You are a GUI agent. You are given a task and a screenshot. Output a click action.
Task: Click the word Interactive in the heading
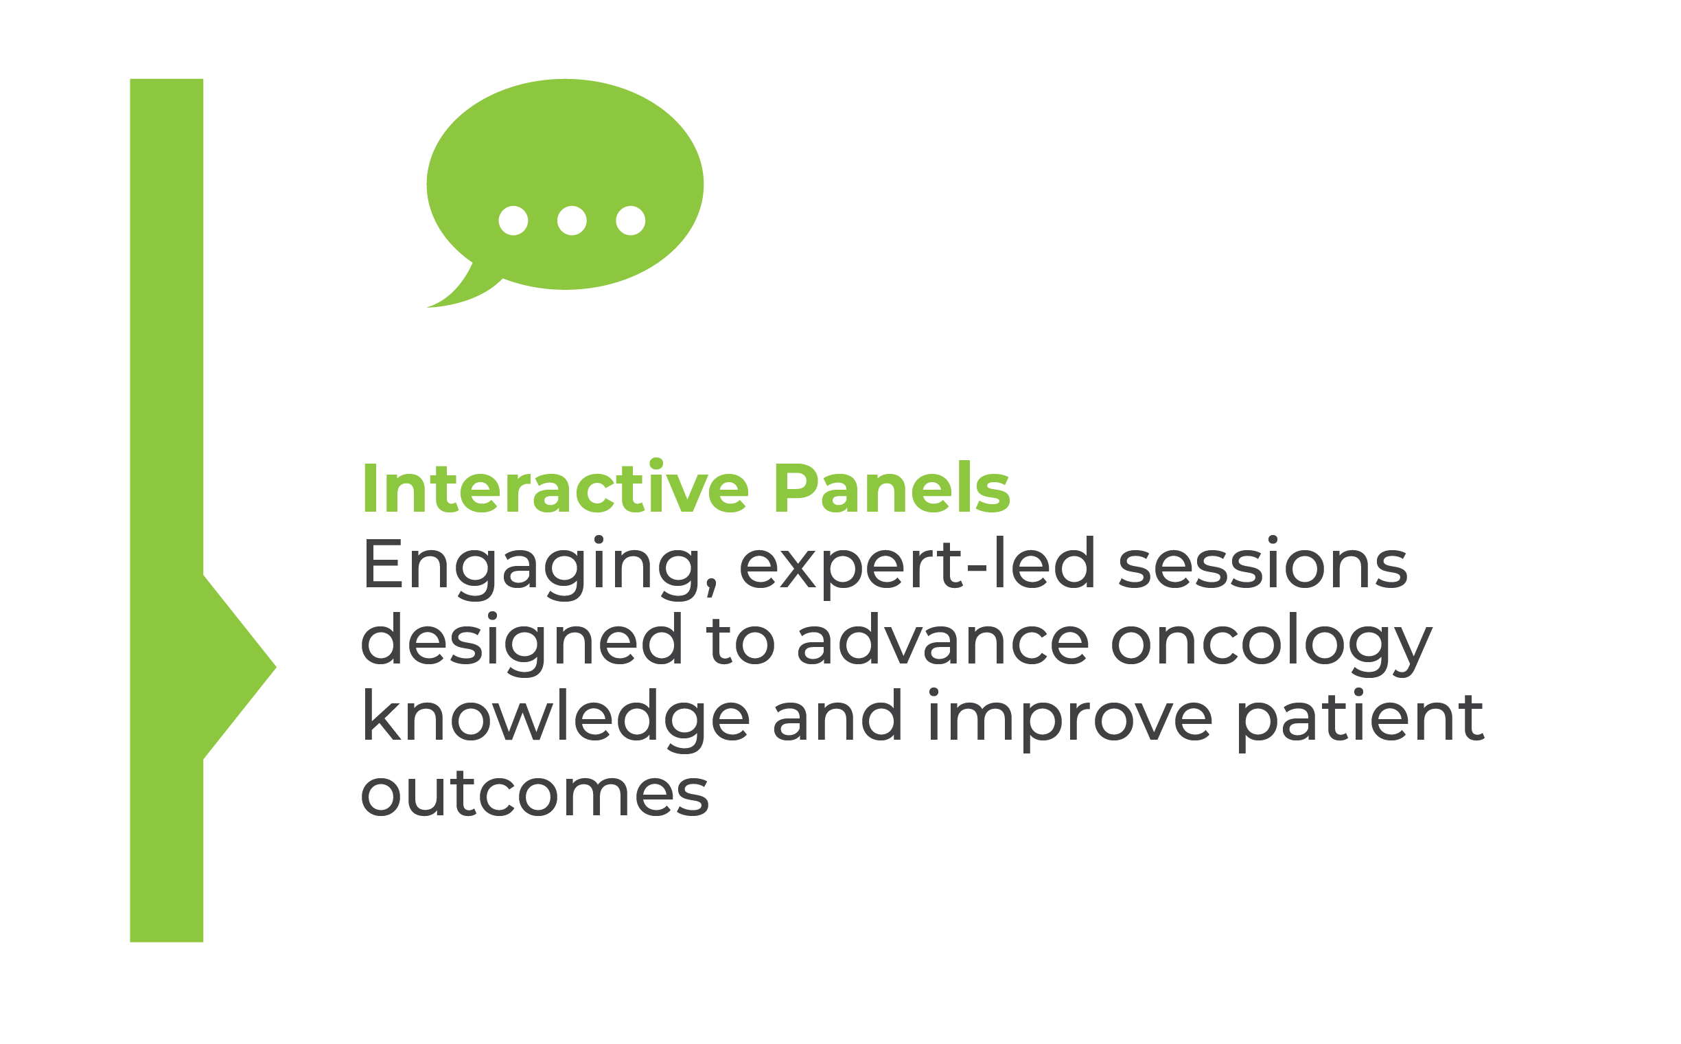(x=555, y=488)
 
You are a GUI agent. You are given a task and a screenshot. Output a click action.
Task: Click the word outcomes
(x=535, y=793)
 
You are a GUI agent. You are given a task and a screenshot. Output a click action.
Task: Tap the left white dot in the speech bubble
(x=513, y=221)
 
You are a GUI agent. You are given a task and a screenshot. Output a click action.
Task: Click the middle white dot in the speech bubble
(x=572, y=221)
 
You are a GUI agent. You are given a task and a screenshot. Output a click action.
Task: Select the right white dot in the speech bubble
(x=631, y=221)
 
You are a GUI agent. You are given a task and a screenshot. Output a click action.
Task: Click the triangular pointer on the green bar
(x=238, y=668)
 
